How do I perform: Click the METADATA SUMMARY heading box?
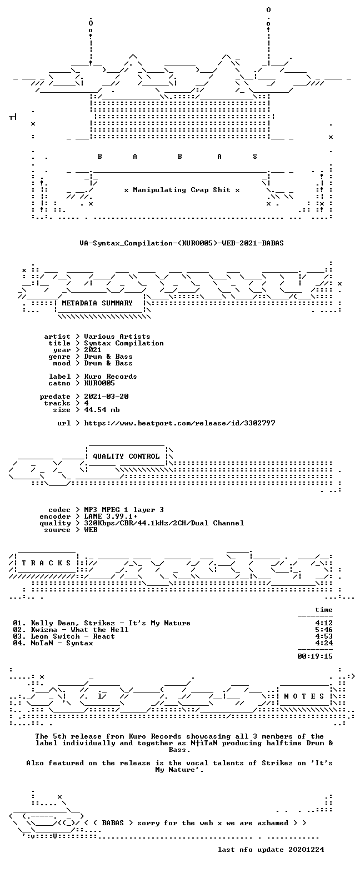click(x=97, y=303)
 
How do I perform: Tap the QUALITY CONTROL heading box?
click(x=126, y=456)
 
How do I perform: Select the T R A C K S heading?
click(x=46, y=563)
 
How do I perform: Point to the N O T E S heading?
click(x=304, y=696)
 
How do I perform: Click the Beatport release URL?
click(x=180, y=423)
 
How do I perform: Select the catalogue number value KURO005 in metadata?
click(x=99, y=383)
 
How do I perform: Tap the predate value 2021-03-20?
click(x=106, y=397)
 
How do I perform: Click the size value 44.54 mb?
click(x=102, y=410)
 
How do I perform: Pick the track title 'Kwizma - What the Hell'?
click(x=79, y=629)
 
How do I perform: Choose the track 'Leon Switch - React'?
click(x=73, y=636)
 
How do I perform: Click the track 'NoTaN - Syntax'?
click(x=62, y=643)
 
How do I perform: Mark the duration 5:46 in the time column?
click(x=324, y=629)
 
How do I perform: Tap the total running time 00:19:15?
click(x=315, y=656)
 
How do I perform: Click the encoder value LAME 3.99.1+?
click(x=111, y=516)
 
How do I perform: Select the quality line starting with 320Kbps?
click(x=164, y=523)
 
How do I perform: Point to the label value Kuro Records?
click(x=111, y=376)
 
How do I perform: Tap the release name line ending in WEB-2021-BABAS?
click(x=181, y=243)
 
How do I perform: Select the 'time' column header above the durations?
click(x=324, y=610)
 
